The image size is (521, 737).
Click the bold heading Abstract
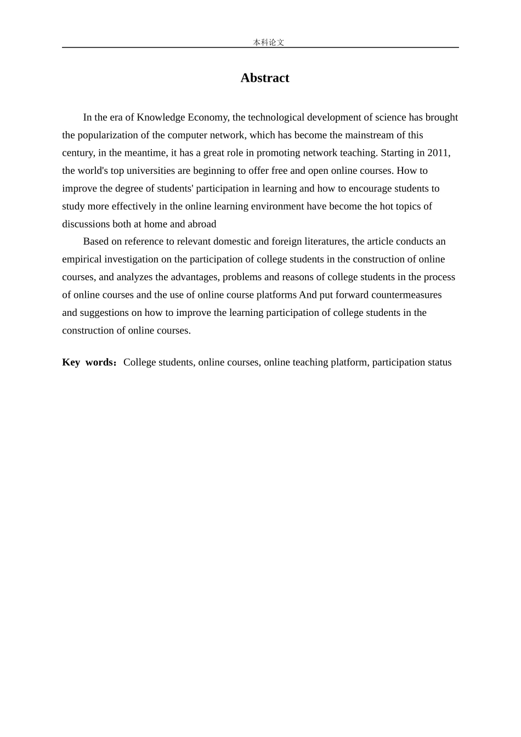tap(264, 78)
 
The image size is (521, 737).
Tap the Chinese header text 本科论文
tap(268, 42)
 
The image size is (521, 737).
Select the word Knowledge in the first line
tap(161, 117)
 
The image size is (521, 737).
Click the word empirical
tap(82, 259)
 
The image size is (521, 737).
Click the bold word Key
tap(71, 362)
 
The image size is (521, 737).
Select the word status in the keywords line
tap(439, 362)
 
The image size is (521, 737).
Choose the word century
tap(77, 153)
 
